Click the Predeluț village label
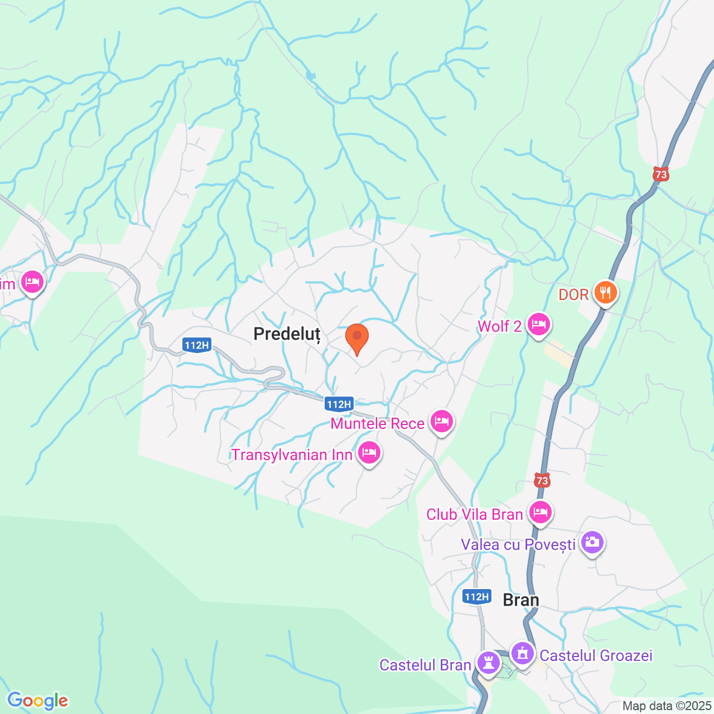pos(287,334)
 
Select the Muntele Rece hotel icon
pos(441,421)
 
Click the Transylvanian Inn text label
pos(292,455)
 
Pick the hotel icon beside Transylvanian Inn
pos(369,452)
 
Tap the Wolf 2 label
pos(500,326)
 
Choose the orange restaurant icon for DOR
pos(605,292)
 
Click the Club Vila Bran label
pos(474,514)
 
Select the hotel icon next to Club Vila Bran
pos(540,512)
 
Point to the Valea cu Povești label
pos(518,544)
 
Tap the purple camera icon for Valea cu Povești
pos(592,542)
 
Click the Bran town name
pos(521,600)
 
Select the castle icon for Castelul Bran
pos(489,663)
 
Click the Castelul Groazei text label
pos(596,655)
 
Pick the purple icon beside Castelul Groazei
pos(523,653)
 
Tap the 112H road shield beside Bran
pos(477,597)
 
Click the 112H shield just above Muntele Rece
pos(339,404)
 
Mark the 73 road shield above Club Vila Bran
pos(542,480)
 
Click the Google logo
pos(38,701)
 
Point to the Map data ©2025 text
pos(667,706)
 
